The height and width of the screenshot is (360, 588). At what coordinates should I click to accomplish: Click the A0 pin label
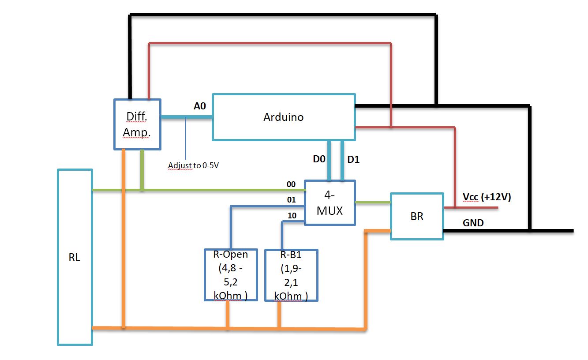click(200, 106)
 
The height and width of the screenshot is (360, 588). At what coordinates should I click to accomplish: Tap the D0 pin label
click(319, 159)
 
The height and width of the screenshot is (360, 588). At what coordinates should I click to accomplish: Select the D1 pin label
click(353, 159)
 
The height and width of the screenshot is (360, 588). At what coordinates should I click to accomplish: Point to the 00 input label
click(291, 184)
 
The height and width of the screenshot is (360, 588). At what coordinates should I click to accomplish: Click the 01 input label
click(292, 200)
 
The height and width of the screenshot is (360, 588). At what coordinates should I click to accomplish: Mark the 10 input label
click(292, 216)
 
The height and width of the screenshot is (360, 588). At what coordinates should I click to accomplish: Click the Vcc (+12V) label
click(487, 197)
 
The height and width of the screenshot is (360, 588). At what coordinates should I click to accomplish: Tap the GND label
click(473, 223)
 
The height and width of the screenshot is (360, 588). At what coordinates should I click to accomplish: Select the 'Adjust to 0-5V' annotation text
click(194, 165)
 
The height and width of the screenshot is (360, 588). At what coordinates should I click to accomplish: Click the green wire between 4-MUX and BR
click(373, 202)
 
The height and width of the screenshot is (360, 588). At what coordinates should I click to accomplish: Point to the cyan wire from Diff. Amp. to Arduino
click(187, 117)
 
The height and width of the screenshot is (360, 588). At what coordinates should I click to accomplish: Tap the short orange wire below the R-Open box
click(228, 314)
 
